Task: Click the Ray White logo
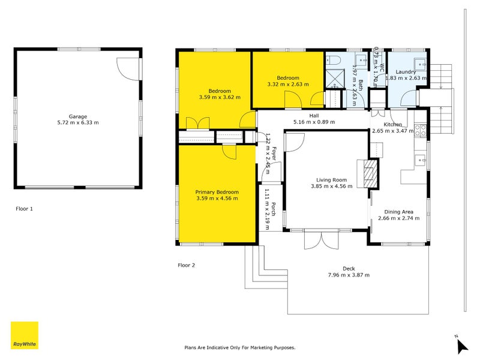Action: coord(25,335)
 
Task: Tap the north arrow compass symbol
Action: coord(461,345)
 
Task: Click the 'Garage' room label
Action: coord(77,116)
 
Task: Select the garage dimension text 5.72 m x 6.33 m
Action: coord(77,122)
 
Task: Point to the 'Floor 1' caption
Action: coord(24,209)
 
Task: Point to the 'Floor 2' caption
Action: coord(186,265)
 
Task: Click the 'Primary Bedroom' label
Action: coord(217,192)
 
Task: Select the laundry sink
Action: coord(419,62)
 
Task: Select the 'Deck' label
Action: coord(349,269)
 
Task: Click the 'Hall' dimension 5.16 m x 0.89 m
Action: coord(314,122)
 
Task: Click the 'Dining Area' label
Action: coord(399,212)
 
